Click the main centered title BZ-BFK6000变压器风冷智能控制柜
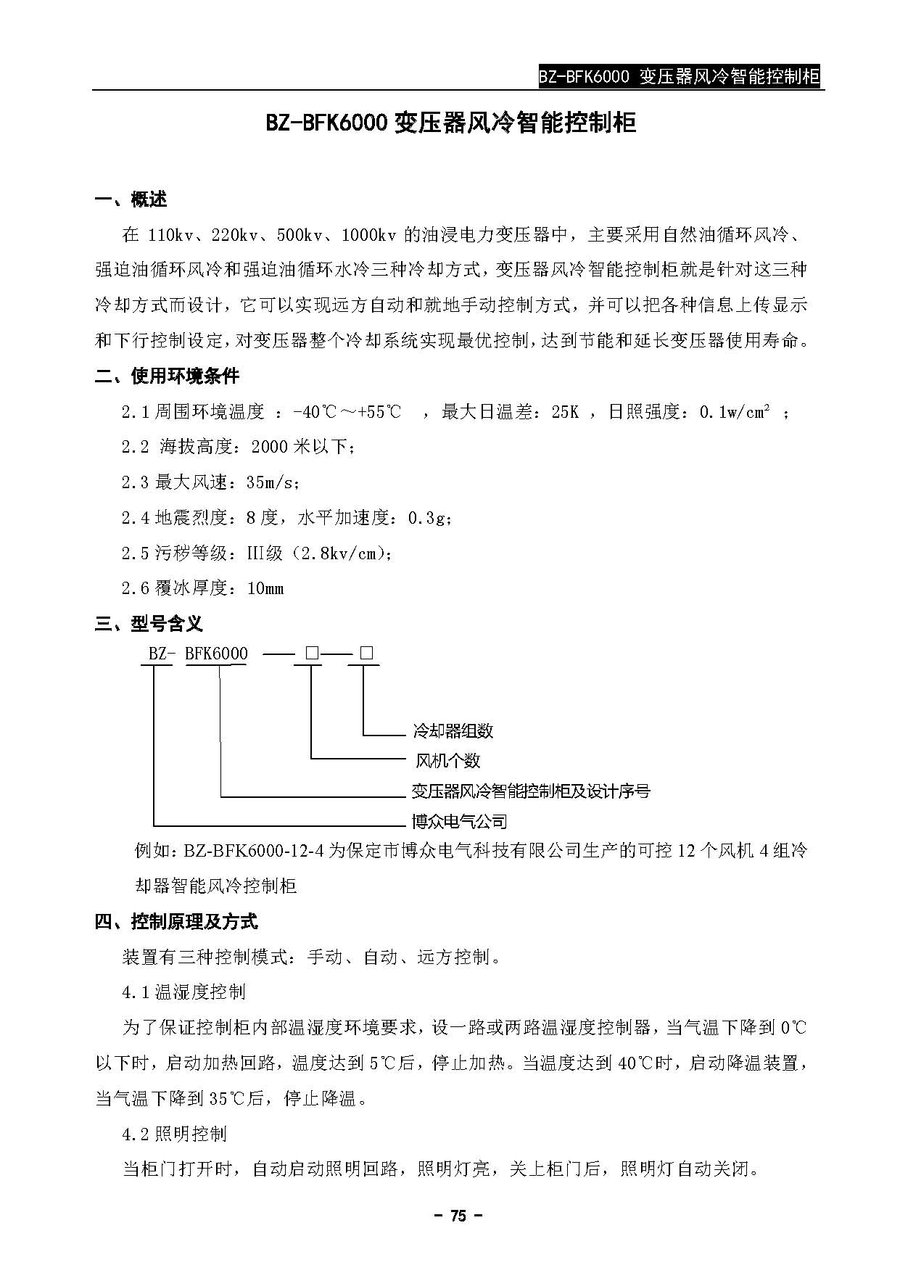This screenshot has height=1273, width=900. [450, 123]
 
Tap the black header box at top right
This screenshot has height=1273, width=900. [680, 77]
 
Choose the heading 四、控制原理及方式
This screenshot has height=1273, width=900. [176, 922]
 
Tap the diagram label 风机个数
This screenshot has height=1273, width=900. [447, 761]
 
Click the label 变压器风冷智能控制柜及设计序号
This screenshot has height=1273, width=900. [531, 791]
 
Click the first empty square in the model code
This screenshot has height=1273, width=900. [312, 654]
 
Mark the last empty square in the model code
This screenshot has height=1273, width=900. [366, 654]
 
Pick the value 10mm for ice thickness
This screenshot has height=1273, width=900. [265, 588]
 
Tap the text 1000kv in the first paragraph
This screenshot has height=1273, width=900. [368, 235]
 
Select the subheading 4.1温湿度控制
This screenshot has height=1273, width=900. [183, 992]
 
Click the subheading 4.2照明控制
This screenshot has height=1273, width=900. [174, 1133]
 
